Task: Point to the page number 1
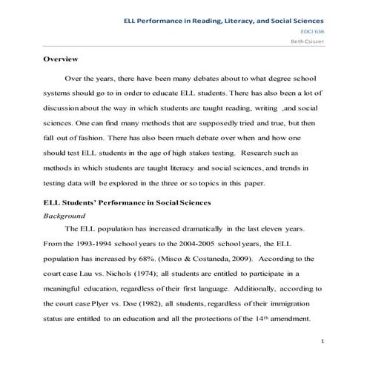324,343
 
